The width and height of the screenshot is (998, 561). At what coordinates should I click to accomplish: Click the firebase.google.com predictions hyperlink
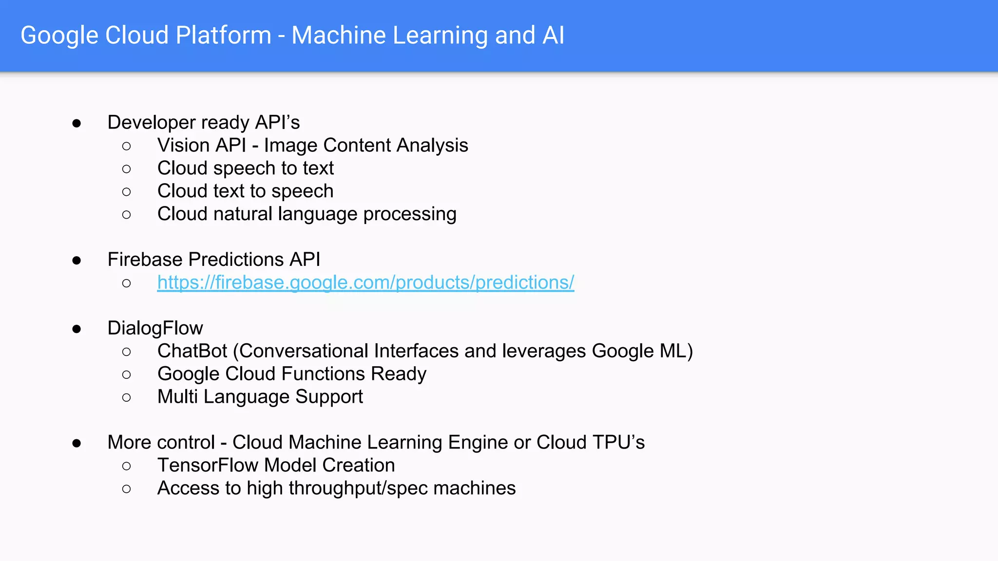365,282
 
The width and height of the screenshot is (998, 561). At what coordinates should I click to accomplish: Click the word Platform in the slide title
223,36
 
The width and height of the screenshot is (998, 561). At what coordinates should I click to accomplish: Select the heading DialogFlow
155,328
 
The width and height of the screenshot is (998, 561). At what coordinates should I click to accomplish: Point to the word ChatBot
192,351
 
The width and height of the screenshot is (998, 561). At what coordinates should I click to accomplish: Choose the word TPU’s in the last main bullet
618,442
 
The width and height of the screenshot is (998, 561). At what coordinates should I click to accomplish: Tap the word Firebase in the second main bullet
145,260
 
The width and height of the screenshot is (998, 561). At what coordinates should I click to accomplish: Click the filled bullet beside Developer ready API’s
77,123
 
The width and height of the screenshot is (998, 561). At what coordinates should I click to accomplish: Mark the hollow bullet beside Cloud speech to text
127,169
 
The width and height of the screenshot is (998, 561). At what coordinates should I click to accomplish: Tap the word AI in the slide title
553,36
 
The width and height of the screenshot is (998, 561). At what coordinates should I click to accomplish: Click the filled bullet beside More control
77,443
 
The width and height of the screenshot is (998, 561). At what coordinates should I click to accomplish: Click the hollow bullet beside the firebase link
127,283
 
